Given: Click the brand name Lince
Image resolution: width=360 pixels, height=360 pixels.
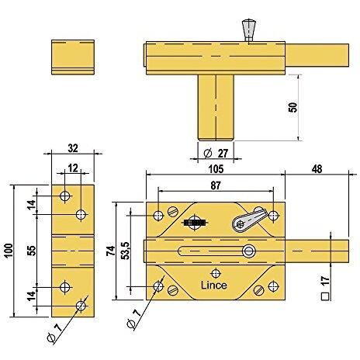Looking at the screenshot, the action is pos(214,286).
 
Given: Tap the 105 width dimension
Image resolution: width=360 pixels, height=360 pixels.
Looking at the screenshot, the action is pos(216,169).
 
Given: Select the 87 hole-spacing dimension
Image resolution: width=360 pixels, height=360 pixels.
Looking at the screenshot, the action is pos(216,185).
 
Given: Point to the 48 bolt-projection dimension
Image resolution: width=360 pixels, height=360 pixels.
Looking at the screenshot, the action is pos(317,169).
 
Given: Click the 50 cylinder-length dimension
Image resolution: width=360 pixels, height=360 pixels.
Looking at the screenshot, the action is pos(292,107).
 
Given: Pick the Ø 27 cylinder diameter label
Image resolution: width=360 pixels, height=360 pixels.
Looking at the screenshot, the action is pos(216,154).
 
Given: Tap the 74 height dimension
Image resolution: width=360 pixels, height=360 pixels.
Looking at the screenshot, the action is pos(111,251).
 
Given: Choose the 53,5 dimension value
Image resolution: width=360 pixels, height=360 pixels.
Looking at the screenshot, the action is pos(126,251).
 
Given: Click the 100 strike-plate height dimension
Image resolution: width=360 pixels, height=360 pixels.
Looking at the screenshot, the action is pos(9,251).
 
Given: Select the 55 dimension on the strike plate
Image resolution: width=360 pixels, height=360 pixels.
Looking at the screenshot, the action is pos(32,251).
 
